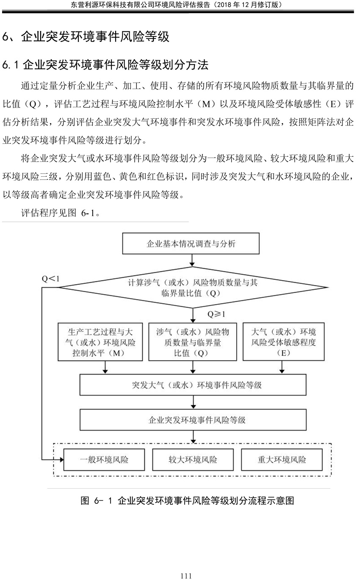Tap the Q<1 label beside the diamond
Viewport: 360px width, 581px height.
50,279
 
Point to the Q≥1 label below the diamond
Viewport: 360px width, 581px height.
216,314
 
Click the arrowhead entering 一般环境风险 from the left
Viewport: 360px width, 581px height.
62,460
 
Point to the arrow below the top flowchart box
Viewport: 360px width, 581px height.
192,260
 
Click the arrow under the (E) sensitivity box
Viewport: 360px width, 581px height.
282,367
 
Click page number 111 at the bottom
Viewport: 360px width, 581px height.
186,576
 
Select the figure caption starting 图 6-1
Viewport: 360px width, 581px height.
187,500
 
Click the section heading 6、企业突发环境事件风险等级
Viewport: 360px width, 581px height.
86,36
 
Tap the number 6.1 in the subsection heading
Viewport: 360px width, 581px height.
10,65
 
